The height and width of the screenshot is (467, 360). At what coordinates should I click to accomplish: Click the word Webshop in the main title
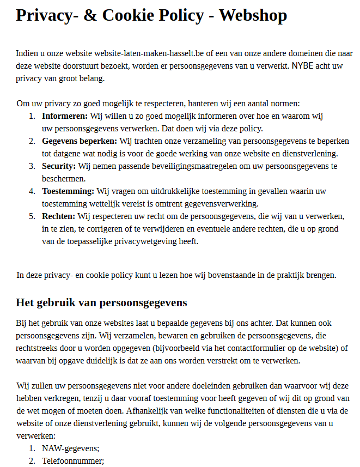coord(253,15)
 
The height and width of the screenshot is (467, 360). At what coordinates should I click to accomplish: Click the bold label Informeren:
coord(65,116)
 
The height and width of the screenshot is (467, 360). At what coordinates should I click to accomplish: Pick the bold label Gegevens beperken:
coord(80,141)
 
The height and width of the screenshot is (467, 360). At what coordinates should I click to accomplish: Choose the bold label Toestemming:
coord(68,191)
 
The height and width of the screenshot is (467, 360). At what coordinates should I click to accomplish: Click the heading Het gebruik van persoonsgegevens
coord(101,302)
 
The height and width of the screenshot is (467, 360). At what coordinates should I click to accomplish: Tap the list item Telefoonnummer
coord(72,461)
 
